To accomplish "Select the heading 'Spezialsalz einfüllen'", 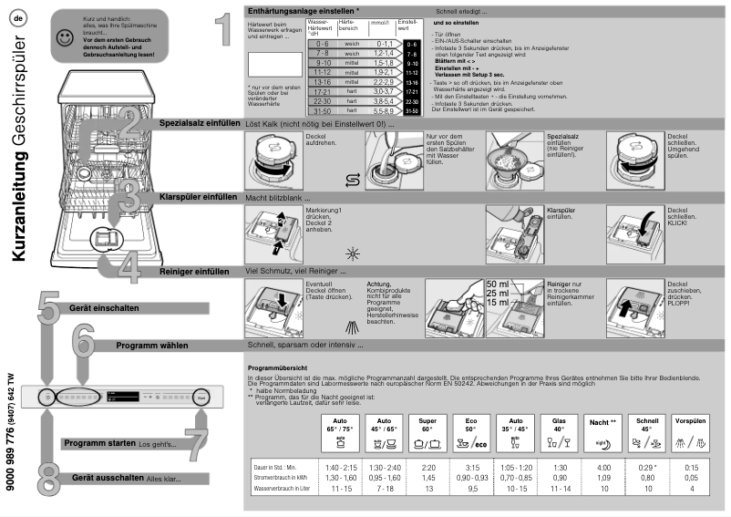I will (x=198, y=122).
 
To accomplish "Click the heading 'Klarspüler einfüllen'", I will (x=198, y=197).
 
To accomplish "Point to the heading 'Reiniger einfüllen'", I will (x=193, y=272).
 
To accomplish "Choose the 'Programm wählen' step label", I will (x=151, y=346).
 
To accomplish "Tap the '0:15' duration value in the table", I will (x=691, y=467).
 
